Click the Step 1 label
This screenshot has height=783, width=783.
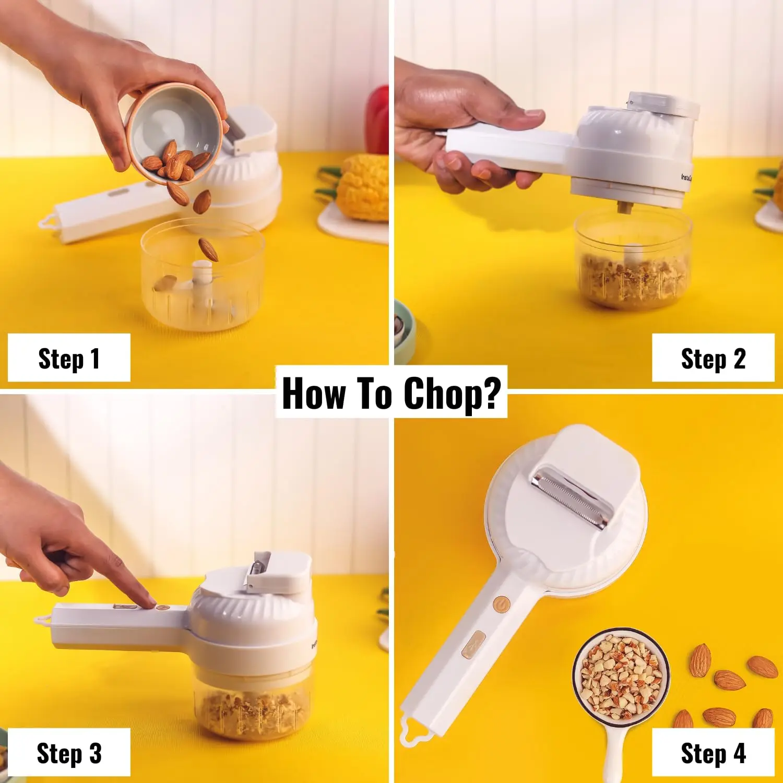click(69, 359)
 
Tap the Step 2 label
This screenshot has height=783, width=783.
click(713, 359)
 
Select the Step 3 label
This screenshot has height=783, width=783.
click(69, 753)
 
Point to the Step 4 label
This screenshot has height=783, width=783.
click(713, 753)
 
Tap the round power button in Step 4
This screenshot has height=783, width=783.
click(501, 604)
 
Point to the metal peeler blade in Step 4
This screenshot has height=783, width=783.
click(572, 499)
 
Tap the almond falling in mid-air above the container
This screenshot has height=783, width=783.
click(208, 249)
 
